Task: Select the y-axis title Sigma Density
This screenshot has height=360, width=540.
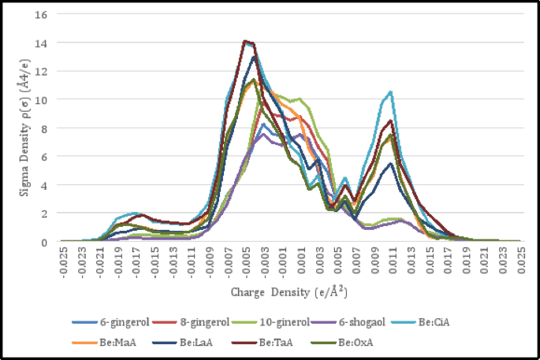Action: [22, 126]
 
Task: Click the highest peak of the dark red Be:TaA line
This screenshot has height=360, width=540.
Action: [245, 41]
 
